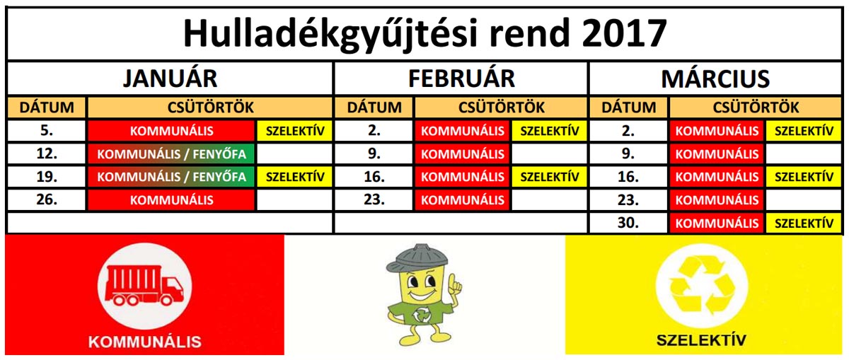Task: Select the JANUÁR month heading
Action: click(x=171, y=79)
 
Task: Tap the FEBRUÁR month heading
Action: click(x=461, y=79)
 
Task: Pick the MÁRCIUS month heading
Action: click(x=715, y=79)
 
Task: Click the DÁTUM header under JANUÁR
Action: click(x=47, y=108)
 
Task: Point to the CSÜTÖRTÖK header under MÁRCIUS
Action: click(x=756, y=108)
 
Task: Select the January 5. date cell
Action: click(x=47, y=131)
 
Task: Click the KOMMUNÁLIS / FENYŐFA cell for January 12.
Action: click(x=171, y=154)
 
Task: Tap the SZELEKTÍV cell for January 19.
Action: click(x=295, y=177)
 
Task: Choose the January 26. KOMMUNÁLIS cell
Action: click(x=171, y=199)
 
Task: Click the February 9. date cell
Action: click(x=374, y=154)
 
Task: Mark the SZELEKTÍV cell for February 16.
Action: click(x=549, y=177)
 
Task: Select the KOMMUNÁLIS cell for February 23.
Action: click(x=463, y=199)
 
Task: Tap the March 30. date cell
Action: click(x=628, y=223)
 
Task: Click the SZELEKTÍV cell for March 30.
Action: click(x=804, y=223)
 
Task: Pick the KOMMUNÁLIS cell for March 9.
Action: click(x=717, y=154)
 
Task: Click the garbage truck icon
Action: click(x=144, y=286)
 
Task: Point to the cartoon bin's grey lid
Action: click(x=417, y=258)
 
